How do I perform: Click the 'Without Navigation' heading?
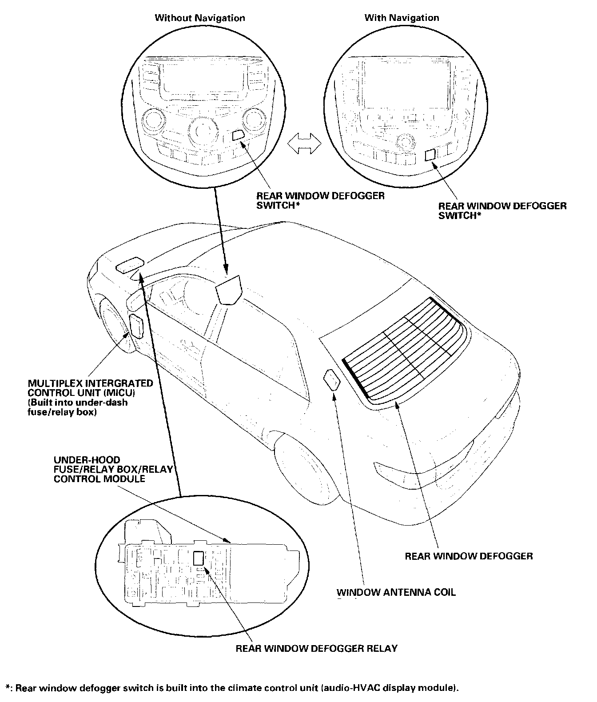pyautogui.click(x=199, y=18)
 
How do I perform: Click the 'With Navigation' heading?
pyautogui.click(x=402, y=18)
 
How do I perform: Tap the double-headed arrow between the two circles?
pyautogui.click(x=304, y=144)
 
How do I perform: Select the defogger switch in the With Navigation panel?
pyautogui.click(x=430, y=155)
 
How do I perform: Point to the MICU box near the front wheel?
pyautogui.click(x=136, y=325)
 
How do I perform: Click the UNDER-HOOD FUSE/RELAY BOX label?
pyautogui.click(x=113, y=469)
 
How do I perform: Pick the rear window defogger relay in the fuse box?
pyautogui.click(x=199, y=558)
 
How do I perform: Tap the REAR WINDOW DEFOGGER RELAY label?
pyautogui.click(x=316, y=648)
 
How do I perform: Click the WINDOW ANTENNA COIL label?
pyautogui.click(x=396, y=592)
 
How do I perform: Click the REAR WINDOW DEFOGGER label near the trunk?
pyautogui.click(x=469, y=556)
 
